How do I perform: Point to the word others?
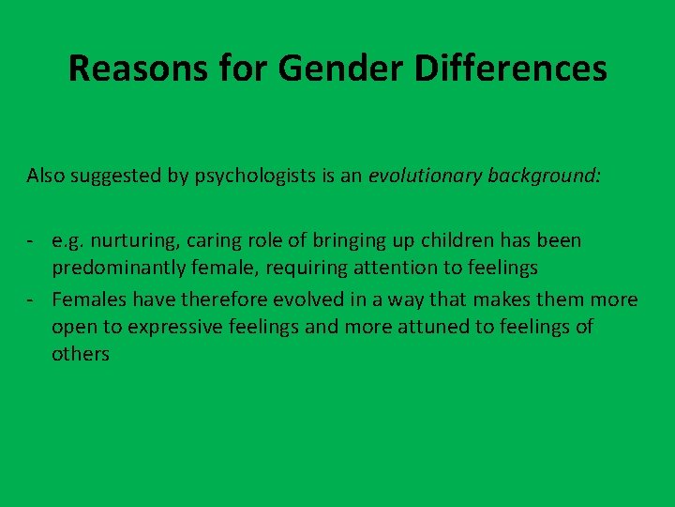click(81, 355)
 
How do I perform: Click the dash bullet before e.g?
click(32, 241)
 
